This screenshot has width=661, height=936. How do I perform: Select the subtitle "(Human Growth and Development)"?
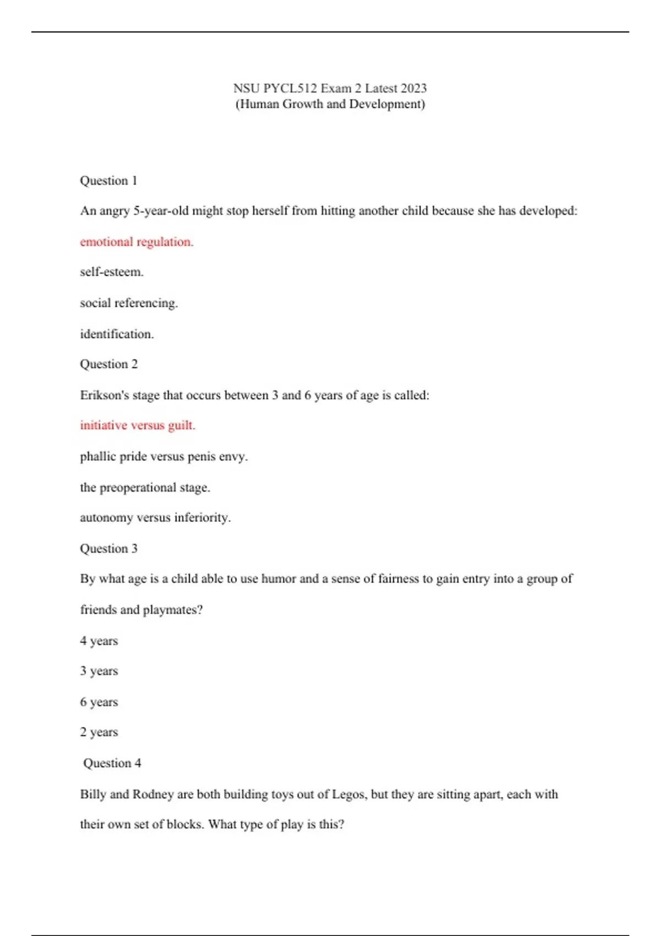[x=330, y=104]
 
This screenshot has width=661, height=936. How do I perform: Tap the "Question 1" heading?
[x=109, y=181]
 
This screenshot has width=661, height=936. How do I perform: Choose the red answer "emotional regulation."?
[x=137, y=242]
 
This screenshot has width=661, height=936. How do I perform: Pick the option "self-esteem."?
[x=112, y=272]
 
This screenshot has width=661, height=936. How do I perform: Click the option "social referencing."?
[x=129, y=303]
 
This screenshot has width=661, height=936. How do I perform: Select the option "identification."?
[x=117, y=334]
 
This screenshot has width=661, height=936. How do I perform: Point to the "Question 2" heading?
[x=109, y=364]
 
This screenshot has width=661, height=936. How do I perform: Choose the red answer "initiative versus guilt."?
[x=138, y=425]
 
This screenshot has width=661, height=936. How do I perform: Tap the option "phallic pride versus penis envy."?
[x=164, y=456]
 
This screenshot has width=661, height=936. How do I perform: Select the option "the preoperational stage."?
[x=145, y=487]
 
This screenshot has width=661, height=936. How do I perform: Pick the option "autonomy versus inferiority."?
[x=155, y=518]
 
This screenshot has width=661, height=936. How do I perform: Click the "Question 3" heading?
[x=109, y=548]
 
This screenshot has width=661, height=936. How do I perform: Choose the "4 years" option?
[x=99, y=641]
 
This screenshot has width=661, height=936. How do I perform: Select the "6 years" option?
[x=99, y=702]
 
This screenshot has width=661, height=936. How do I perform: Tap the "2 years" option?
[x=99, y=732]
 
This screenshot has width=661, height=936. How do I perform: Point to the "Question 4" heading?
[x=112, y=763]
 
